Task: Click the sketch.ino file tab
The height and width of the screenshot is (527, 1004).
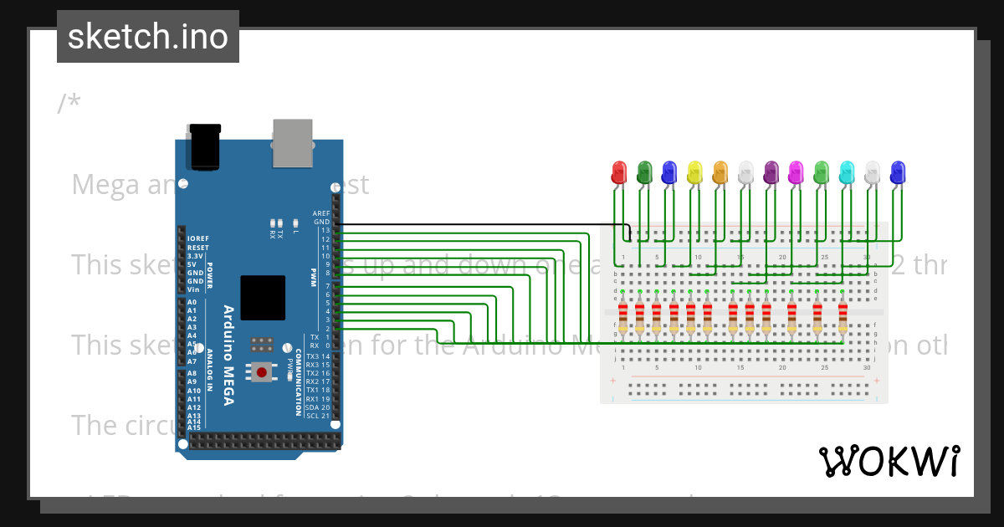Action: pyautogui.click(x=148, y=37)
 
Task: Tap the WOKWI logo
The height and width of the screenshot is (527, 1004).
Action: pyautogui.click(x=888, y=461)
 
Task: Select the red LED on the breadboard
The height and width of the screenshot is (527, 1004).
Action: pyautogui.click(x=619, y=173)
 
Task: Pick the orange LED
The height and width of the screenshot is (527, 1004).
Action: pyautogui.click(x=720, y=173)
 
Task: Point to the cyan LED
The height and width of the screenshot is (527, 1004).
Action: pyautogui.click(x=847, y=173)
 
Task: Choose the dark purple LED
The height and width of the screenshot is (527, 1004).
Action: pyautogui.click(x=771, y=173)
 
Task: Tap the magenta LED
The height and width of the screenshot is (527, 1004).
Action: pyautogui.click(x=797, y=173)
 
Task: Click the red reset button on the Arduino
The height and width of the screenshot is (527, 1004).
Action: pyautogui.click(x=262, y=371)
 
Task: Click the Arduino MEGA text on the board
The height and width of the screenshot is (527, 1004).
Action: pyautogui.click(x=228, y=356)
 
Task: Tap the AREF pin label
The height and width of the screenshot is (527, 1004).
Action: pyautogui.click(x=321, y=213)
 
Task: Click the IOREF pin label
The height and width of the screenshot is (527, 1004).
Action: pyautogui.click(x=197, y=239)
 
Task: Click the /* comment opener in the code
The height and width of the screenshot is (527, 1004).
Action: pyautogui.click(x=69, y=103)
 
